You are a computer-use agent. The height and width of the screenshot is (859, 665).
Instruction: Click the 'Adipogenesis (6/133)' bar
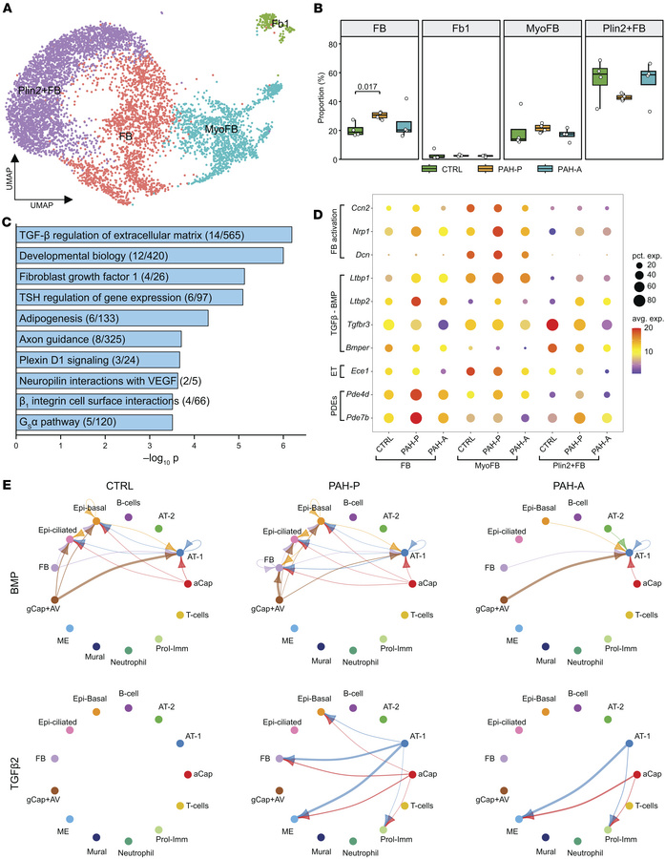(x=113, y=318)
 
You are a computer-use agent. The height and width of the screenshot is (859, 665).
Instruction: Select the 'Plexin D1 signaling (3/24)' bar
(x=98, y=360)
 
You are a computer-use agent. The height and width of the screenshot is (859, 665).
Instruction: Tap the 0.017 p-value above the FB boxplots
(x=367, y=87)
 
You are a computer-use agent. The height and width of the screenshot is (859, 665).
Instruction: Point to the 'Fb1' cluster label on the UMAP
(x=280, y=24)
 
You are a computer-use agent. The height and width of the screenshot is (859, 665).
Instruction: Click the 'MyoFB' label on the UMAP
(x=221, y=129)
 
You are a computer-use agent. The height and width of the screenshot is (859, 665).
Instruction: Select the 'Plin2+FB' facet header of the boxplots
(x=623, y=29)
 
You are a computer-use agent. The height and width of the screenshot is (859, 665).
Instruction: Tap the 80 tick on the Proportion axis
(x=332, y=44)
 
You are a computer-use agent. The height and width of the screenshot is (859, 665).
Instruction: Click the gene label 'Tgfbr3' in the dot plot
(x=359, y=325)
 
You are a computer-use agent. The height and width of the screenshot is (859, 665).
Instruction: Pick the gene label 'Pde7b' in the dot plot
(x=360, y=418)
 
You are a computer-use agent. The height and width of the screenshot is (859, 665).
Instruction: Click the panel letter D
(x=317, y=214)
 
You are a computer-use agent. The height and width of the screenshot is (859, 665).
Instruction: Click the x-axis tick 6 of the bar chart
(x=283, y=446)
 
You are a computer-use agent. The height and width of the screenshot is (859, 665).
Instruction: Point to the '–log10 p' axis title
(x=160, y=458)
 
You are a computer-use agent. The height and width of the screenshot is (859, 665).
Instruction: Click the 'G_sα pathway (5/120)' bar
(x=94, y=423)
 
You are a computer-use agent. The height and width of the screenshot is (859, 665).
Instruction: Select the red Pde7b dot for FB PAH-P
(x=416, y=418)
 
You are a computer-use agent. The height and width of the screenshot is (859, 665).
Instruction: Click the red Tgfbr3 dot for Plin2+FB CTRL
(x=549, y=325)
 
